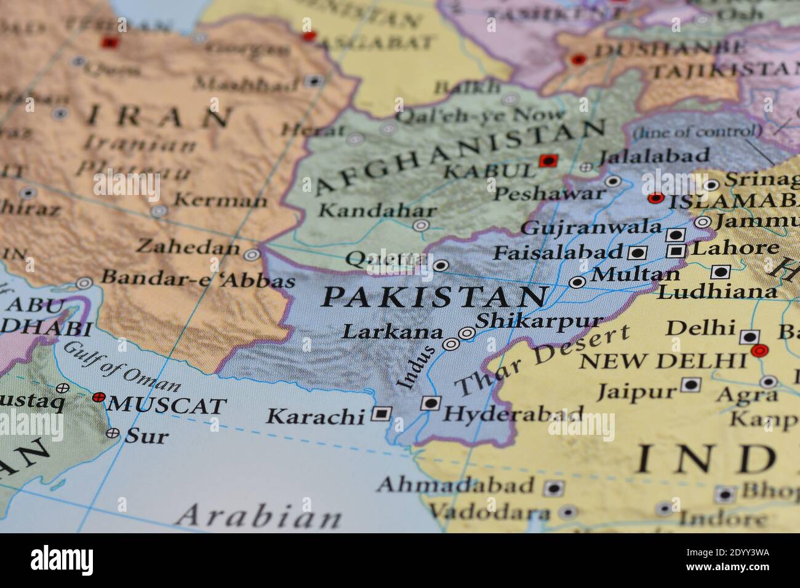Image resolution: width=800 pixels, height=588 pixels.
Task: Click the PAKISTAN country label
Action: coord(434,298)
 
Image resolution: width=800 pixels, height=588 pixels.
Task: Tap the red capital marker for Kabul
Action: coord(546,161)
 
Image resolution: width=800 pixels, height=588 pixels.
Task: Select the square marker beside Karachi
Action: coord(381,414)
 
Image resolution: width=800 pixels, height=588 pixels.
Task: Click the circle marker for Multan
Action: coord(577,282)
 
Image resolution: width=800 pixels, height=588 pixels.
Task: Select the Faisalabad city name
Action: coord(559,252)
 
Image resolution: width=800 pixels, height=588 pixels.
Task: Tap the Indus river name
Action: coord(416,367)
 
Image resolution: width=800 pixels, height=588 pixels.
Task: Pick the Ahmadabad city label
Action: coord(455,485)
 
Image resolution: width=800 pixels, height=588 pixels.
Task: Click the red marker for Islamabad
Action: coord(656,198)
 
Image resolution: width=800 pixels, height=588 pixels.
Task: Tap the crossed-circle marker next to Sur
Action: coord(113,433)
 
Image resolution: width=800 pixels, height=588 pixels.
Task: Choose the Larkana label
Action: coord(392,332)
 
